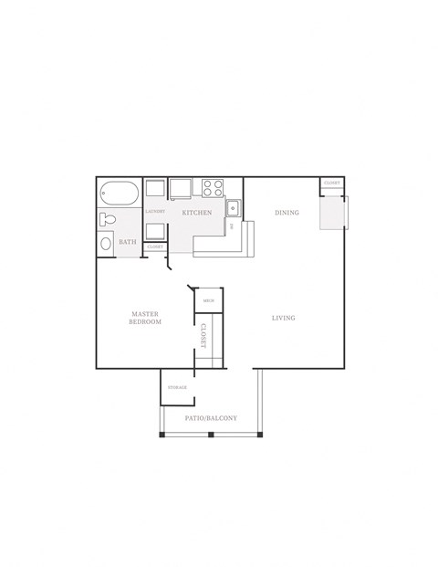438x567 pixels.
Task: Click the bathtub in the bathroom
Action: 120,194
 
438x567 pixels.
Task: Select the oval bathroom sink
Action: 105,245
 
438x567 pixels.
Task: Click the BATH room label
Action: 128,243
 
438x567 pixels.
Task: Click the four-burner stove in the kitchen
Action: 214,188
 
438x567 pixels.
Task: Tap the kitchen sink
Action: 233,205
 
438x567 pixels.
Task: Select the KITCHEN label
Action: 197,213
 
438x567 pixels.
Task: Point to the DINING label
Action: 287,213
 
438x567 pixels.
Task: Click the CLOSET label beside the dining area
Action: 331,184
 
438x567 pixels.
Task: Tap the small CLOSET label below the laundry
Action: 155,247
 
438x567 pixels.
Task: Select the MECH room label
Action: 208,300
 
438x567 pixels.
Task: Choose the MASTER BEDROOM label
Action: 144,318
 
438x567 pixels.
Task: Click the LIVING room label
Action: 284,318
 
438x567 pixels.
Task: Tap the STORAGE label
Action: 177,387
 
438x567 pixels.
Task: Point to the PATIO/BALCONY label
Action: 211,418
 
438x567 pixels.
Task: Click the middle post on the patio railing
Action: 210,433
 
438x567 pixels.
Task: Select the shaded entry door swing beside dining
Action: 330,212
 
